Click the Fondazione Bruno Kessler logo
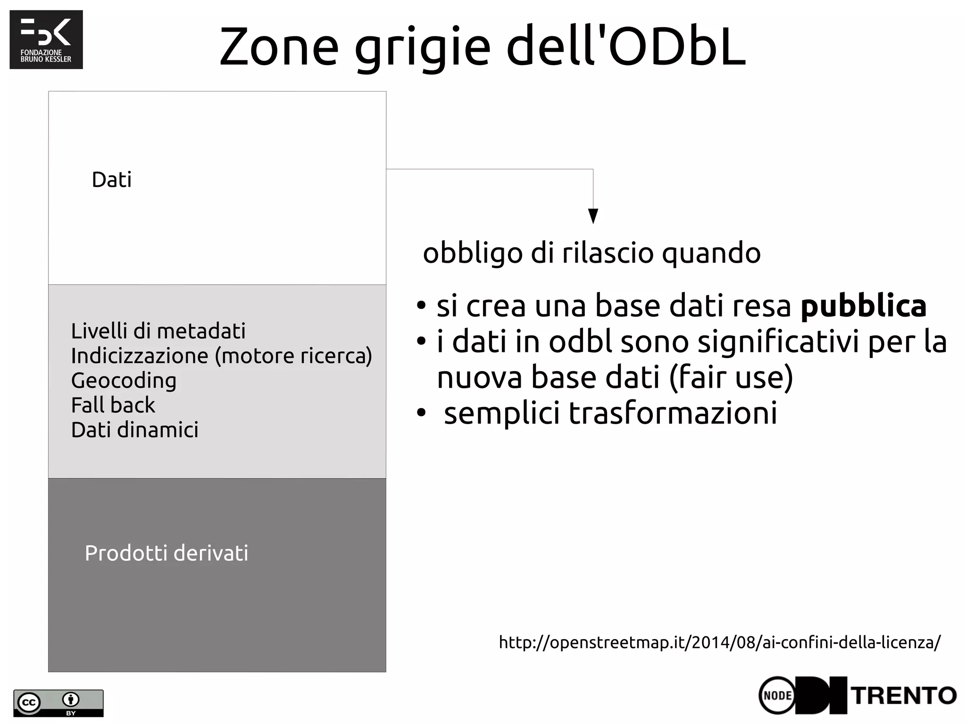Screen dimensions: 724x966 (x=46, y=40)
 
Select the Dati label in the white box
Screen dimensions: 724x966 (x=112, y=180)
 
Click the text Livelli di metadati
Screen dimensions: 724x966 (x=158, y=331)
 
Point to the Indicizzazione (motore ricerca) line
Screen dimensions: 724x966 (x=221, y=356)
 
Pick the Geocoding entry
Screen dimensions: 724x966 (x=124, y=381)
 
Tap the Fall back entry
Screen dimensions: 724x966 (x=113, y=405)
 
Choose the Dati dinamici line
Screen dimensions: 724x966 (x=134, y=430)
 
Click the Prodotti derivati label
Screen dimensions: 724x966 (x=166, y=553)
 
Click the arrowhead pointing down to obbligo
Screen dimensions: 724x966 (x=593, y=216)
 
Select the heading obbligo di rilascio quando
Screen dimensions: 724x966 (x=591, y=253)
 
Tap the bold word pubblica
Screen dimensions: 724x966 (x=863, y=306)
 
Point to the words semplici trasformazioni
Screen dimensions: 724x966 (x=610, y=413)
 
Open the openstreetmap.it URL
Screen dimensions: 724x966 (x=719, y=642)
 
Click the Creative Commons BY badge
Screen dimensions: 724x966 (x=58, y=703)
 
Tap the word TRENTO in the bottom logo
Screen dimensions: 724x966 (x=904, y=696)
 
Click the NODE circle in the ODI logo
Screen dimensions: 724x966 (x=777, y=696)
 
